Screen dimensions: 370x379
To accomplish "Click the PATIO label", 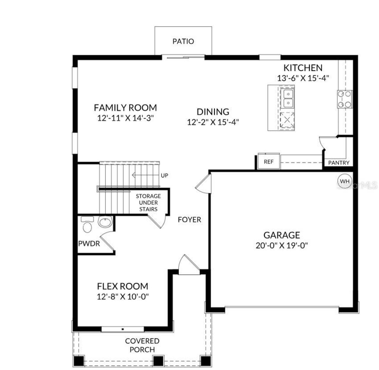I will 183,41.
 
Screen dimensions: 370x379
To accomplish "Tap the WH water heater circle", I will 344,181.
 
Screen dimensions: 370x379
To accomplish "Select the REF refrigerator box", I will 269,162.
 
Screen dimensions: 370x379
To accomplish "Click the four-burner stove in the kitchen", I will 345,99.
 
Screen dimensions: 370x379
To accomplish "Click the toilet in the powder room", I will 87,226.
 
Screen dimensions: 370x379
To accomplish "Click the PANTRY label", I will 339,163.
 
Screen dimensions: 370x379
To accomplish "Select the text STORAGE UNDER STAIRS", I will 148,203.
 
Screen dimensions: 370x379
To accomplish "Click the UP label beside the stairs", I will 164,175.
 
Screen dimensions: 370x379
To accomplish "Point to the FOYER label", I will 189,220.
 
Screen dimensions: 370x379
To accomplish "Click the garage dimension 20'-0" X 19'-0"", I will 282,245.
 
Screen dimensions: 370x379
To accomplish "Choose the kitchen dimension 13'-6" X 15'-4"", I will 303,78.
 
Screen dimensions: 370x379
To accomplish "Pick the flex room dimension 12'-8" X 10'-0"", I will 123,296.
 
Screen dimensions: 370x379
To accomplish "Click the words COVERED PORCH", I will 142,345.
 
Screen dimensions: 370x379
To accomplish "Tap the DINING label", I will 213,112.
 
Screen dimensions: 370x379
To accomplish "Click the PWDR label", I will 89,244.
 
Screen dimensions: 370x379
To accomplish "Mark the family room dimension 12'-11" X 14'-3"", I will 125,118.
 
